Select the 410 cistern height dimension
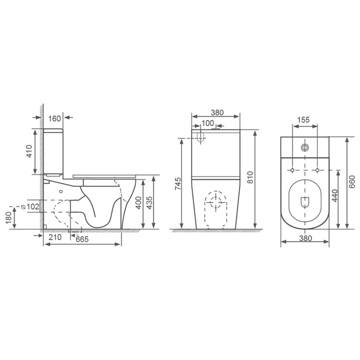[29, 151]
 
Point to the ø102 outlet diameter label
[31, 206]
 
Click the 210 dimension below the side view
[55, 238]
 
